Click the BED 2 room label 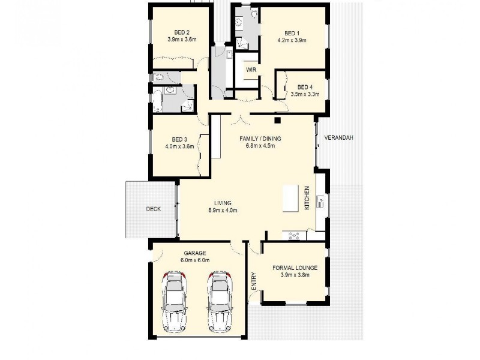coord(182,32)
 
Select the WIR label coord(251,70)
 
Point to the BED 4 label coord(305,86)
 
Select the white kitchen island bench coord(291,198)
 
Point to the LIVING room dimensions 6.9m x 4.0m coord(223,211)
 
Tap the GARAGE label coord(196,253)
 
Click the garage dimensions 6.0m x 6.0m coord(196,260)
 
